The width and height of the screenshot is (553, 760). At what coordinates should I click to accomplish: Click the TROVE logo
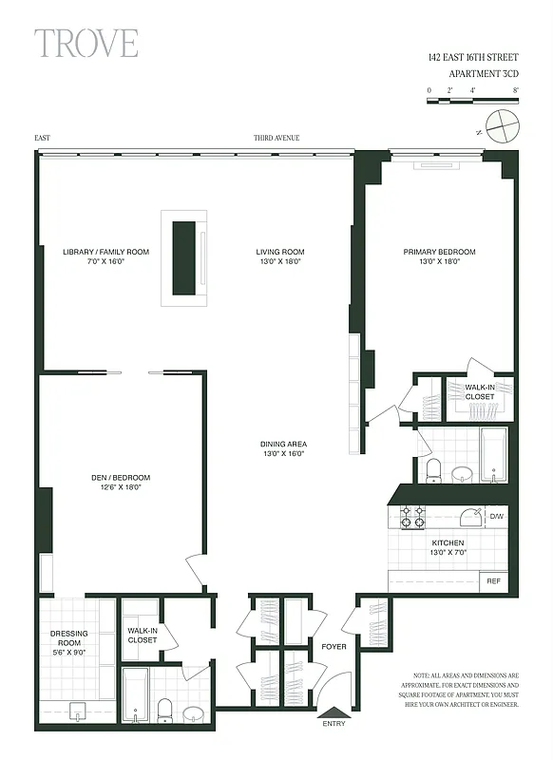(x=86, y=44)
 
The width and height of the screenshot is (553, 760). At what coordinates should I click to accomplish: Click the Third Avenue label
(x=276, y=138)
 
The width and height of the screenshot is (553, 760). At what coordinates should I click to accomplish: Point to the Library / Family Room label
(x=105, y=256)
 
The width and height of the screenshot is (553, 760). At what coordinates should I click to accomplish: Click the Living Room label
(x=279, y=256)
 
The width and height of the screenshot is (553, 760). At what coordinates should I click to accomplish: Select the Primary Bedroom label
(x=439, y=256)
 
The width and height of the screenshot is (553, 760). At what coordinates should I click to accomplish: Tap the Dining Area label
(x=284, y=449)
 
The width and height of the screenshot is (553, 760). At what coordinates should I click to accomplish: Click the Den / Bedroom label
(x=120, y=482)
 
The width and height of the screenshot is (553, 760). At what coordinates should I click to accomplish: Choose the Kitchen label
(x=421, y=547)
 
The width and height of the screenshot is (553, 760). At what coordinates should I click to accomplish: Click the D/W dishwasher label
(x=496, y=517)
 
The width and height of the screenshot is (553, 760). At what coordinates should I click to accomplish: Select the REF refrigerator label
(x=493, y=580)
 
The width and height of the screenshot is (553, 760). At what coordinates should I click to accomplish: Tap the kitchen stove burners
(x=412, y=517)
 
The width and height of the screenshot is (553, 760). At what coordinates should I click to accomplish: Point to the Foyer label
(x=334, y=647)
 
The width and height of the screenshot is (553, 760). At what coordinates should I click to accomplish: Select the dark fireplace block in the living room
(x=183, y=257)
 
